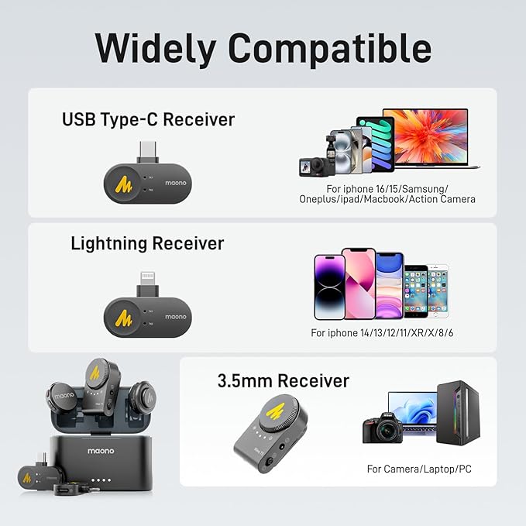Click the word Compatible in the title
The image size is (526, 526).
tap(330, 49)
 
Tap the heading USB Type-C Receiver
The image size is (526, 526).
tap(148, 120)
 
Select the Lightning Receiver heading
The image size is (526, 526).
tap(147, 244)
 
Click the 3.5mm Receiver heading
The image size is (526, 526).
tap(284, 380)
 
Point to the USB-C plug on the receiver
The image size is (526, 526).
tap(148, 152)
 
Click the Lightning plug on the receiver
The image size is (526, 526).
tap(148, 284)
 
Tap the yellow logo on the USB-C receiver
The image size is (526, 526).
tap(123, 184)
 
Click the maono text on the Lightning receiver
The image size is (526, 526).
tap(175, 317)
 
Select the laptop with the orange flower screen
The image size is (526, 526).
tap(431, 138)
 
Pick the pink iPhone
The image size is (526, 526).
tap(359, 284)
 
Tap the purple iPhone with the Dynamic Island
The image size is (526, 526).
tap(329, 287)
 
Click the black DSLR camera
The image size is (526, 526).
tap(382, 428)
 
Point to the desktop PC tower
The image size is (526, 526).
tap(459, 413)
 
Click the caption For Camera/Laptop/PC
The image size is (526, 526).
tap(419, 469)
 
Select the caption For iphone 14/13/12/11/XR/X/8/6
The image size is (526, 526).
tap(382, 333)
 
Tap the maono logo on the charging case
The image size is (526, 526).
tap(101, 451)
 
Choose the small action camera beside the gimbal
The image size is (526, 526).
tap(311, 167)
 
